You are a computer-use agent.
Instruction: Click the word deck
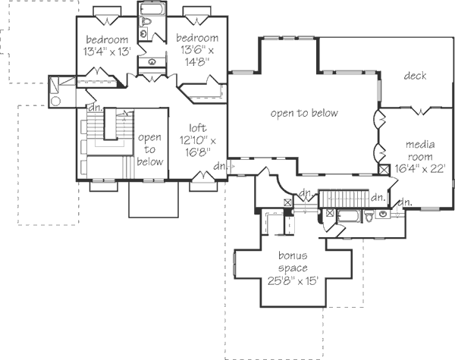point(415,76)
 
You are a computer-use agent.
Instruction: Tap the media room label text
point(419,149)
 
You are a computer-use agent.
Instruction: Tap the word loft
point(196,128)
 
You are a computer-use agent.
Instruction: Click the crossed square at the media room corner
point(384,171)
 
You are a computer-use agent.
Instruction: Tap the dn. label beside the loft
point(220,166)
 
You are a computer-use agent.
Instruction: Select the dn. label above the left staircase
point(94,108)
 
